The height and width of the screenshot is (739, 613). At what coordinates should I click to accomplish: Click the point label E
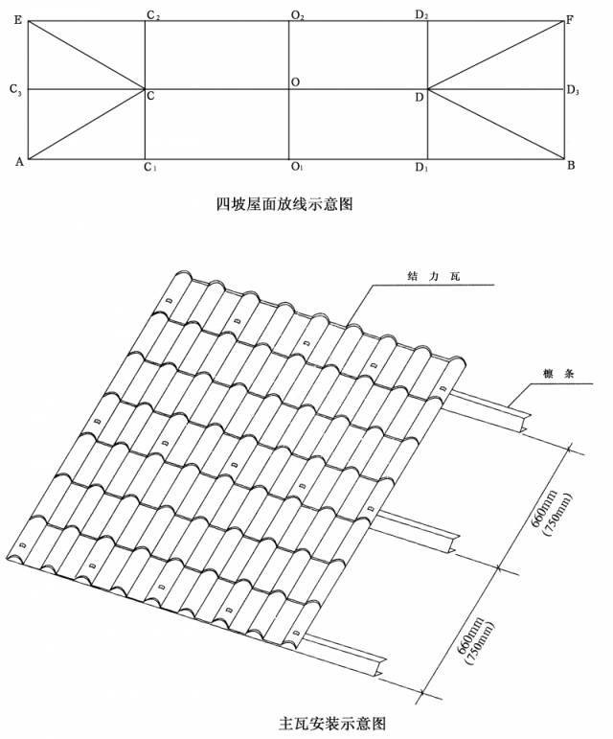point(18,20)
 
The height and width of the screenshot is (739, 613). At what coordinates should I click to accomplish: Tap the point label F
point(570,20)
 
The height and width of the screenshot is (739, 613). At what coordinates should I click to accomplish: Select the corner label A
point(19,162)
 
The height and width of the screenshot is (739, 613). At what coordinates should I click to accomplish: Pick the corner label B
point(571,165)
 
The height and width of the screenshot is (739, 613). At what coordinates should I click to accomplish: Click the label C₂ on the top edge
point(153,15)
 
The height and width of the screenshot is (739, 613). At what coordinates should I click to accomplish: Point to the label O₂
point(298,15)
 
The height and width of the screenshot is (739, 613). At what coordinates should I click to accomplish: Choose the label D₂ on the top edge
point(421,14)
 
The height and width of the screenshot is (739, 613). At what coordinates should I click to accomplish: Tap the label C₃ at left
point(15,89)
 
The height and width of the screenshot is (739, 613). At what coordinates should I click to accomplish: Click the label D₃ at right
point(573,89)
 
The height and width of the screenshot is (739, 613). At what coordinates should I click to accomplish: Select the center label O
point(295,82)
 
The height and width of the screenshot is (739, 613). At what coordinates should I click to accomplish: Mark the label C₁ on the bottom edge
point(149,167)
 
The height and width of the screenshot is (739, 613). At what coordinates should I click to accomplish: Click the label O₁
point(297,167)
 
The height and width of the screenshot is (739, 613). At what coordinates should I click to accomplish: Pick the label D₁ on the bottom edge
point(421,167)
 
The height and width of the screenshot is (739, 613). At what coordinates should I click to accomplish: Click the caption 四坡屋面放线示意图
point(284,204)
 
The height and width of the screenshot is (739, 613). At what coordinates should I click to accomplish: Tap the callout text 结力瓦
point(433,276)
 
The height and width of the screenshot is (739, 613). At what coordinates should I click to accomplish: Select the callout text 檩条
point(558,374)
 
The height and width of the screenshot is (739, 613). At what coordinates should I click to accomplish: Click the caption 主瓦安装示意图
point(332,723)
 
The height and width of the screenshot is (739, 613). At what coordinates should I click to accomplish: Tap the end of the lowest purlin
point(381,667)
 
